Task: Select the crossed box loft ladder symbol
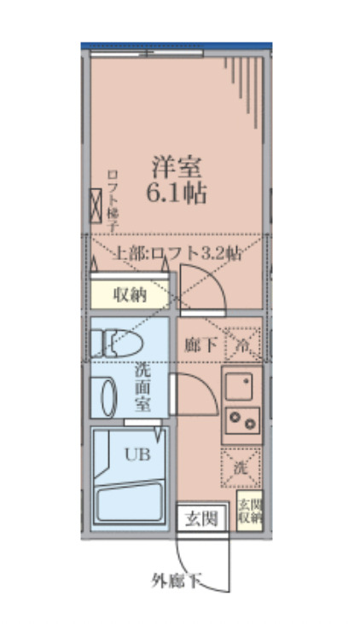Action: [96, 205]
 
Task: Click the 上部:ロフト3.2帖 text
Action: [178, 253]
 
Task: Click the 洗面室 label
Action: [142, 388]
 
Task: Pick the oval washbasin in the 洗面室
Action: [108, 396]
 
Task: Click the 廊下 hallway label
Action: [200, 344]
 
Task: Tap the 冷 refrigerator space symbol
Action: [242, 344]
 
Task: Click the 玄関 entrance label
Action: [203, 517]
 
